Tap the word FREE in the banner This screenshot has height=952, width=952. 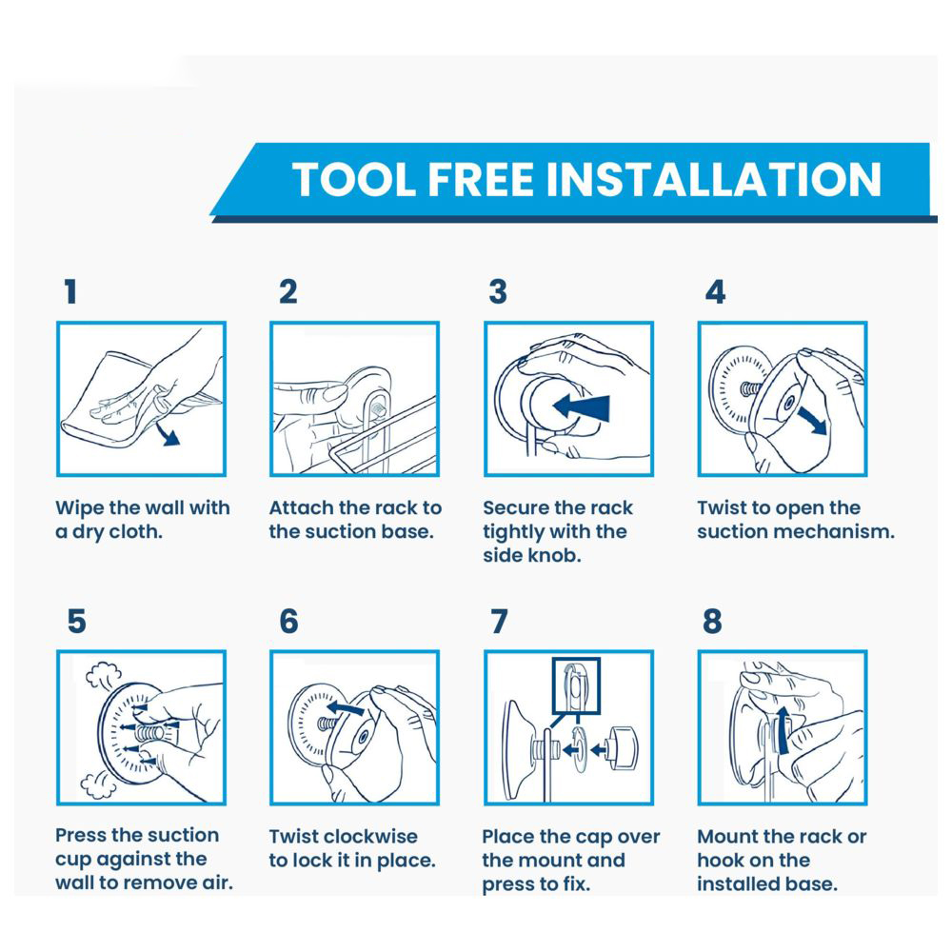point(480,180)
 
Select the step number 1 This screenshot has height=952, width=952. point(71,291)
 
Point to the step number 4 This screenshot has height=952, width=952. point(715,291)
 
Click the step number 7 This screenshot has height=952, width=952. point(499,621)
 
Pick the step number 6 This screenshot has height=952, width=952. point(288,621)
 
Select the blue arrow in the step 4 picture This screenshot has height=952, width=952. point(812,420)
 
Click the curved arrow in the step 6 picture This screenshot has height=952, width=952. point(345,707)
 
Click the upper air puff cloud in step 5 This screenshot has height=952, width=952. point(104,675)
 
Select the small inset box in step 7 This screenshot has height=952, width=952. point(576,685)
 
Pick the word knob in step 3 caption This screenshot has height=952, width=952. point(550,556)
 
